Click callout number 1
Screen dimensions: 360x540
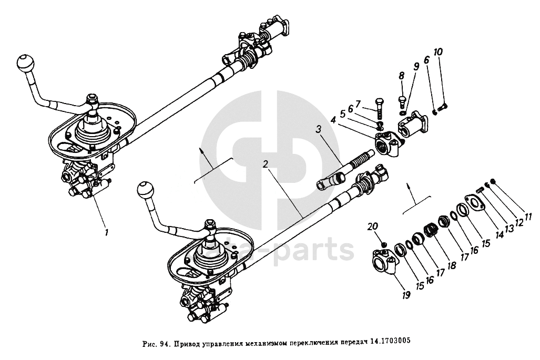(x=106, y=232)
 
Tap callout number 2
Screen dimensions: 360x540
(x=266, y=163)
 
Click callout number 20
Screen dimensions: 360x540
(x=373, y=227)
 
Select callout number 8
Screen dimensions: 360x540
(x=402, y=76)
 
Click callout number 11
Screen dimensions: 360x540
(x=527, y=215)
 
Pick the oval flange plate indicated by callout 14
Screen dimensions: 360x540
(x=475, y=203)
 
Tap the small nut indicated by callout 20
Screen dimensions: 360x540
(x=384, y=243)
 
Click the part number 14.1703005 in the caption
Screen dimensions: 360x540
(x=386, y=340)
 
